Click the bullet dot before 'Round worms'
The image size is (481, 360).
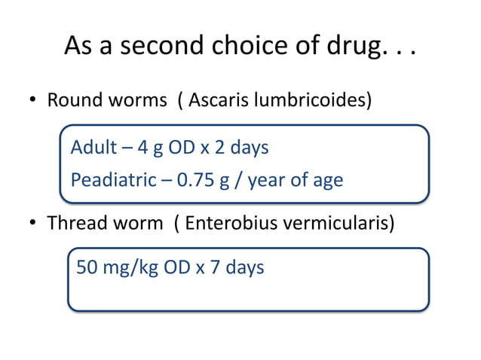[34, 101]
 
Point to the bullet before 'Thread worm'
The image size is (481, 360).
[34, 224]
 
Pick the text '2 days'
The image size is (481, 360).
[244, 148]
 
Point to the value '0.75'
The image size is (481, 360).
[185, 181]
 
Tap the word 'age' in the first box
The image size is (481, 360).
[326, 181]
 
